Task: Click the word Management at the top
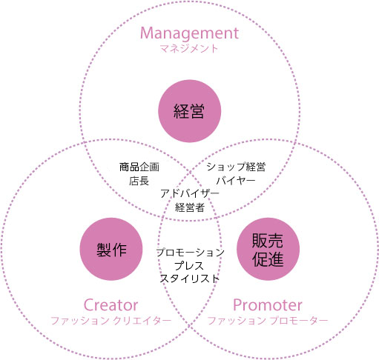tap(189, 33)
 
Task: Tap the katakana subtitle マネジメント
tap(189, 48)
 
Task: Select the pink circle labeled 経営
tap(189, 111)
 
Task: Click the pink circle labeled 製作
tap(111, 249)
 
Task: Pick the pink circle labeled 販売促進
tap(268, 249)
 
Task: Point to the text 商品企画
tap(139, 167)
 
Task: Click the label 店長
tap(139, 181)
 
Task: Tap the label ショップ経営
tap(236, 167)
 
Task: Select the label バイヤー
tap(236, 181)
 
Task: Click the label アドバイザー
tap(190, 193)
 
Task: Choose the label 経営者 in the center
tap(190, 207)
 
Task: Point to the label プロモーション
tap(190, 253)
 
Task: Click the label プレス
tap(189, 266)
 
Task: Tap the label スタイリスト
tap(190, 279)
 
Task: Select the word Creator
tap(111, 305)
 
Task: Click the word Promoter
tap(268, 305)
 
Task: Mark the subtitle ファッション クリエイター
tap(111, 321)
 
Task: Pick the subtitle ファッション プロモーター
tap(268, 321)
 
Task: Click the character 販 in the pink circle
tap(260, 241)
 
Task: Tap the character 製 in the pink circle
tap(104, 250)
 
